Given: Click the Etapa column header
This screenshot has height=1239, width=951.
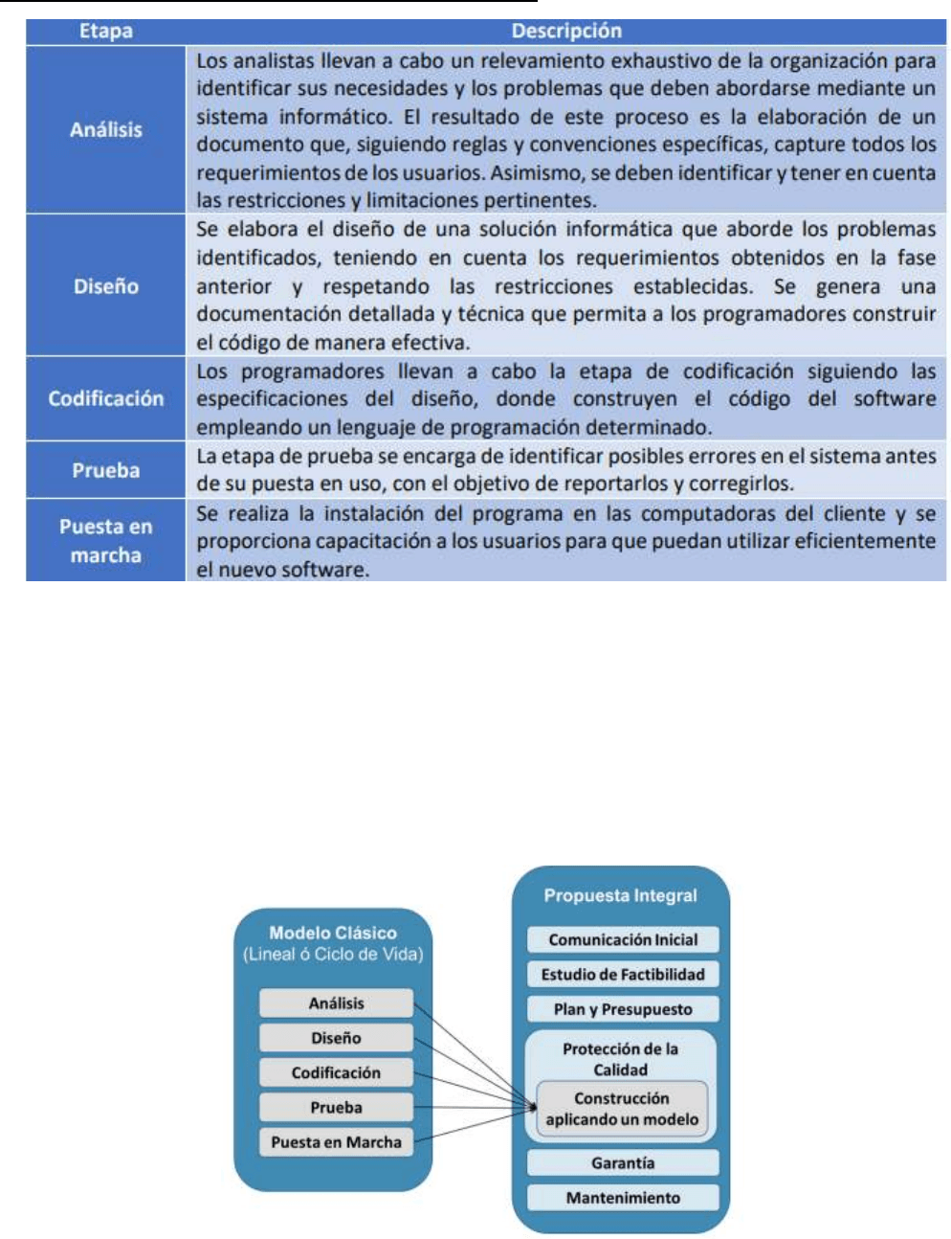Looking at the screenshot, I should tap(105, 31).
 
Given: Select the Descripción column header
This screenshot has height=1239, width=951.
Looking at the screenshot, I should tap(565, 31).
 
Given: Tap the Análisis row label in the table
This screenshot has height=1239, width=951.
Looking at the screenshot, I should tap(105, 129).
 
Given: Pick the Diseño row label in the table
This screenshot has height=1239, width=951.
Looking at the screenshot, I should tap(105, 285).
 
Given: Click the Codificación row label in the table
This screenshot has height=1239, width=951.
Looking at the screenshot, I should tap(105, 398).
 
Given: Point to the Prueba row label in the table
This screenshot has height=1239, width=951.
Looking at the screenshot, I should tap(105, 470).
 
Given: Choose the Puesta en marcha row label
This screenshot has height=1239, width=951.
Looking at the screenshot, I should tap(105, 540).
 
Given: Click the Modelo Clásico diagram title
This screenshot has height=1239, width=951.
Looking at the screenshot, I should tap(332, 933).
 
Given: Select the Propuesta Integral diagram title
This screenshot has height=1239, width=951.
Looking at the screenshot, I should tap(620, 895).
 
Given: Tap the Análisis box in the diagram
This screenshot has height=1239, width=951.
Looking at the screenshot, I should tap(336, 1003).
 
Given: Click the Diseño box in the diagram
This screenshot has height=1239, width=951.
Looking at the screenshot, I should tap(336, 1038).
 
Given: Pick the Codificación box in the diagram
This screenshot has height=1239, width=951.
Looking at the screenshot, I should tap(336, 1072).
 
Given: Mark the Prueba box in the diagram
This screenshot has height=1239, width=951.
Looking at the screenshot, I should tap(336, 1107).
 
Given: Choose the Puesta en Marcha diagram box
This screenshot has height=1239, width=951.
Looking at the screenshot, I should tap(336, 1141).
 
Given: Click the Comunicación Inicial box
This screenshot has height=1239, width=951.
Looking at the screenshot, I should tap(623, 939).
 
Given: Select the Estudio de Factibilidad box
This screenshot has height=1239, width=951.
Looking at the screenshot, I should tap(623, 974).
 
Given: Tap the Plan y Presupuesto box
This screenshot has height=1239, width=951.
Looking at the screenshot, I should tap(623, 1009).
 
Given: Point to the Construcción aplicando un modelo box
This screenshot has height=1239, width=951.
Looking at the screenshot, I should tap(622, 1109).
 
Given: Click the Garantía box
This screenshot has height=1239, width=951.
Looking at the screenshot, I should tap(623, 1162).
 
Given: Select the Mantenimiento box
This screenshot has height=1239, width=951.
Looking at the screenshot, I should tap(623, 1197).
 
